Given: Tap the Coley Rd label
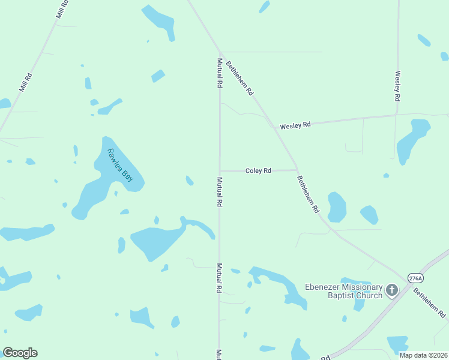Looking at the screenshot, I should coord(258,171).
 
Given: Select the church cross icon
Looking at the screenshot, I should coord(392,291).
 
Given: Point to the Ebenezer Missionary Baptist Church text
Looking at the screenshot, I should coord(344,290).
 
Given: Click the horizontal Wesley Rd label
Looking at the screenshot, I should coord(295,125).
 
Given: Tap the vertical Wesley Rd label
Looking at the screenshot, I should coord(397,86).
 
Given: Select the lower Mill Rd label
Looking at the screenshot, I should coord(25,82).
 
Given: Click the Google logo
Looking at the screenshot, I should coord(20,353).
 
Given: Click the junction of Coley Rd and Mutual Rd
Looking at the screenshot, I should coord(219,170).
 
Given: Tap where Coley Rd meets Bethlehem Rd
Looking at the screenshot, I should coord(297,170).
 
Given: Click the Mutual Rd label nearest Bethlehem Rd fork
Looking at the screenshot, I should coord(220,73).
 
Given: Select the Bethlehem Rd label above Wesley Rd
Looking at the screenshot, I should coord(240,77).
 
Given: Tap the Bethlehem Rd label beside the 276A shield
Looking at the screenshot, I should coord(430,303).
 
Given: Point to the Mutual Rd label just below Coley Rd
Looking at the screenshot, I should coord(220,191).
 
